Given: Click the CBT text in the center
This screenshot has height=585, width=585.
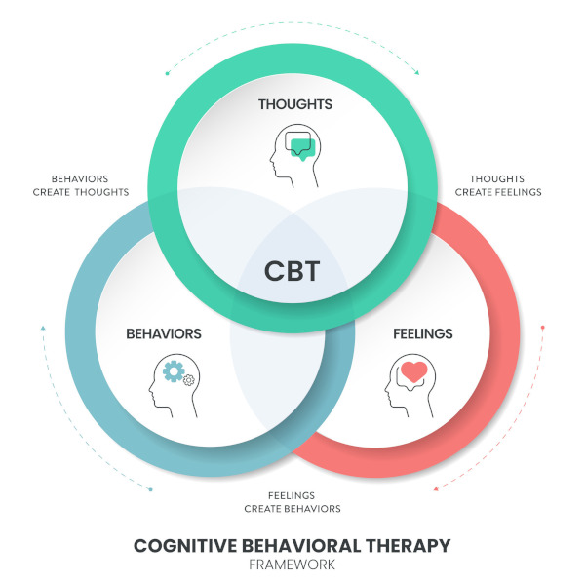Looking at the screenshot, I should point(292,270).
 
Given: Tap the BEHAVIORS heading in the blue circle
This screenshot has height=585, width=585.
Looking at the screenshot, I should point(164,333).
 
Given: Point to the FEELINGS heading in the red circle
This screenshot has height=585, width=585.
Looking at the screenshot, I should point(423,333).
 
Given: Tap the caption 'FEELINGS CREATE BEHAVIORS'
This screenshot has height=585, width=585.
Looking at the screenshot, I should point(292,502).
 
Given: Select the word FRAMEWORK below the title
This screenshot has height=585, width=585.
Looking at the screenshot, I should point(292,565).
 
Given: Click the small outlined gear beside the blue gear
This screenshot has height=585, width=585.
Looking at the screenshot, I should point(189,379).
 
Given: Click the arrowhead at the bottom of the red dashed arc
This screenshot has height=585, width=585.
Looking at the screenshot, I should point(435,488).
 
